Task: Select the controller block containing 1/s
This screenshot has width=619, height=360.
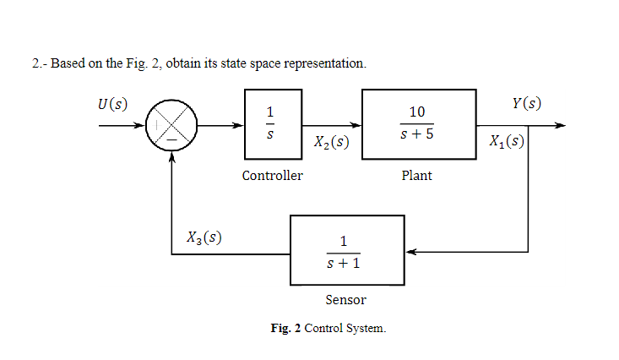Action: [271, 125]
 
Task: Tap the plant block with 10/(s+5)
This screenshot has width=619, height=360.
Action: [417, 125]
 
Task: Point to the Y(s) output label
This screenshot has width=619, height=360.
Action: [526, 104]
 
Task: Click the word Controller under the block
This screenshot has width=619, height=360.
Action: [272, 176]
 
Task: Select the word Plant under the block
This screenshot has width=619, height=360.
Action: [417, 176]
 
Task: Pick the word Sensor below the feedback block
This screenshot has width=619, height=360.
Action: [346, 300]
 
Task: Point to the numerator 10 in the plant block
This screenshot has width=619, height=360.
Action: [417, 112]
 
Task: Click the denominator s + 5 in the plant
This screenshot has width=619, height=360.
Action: [417, 136]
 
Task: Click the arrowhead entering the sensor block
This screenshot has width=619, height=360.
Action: [410, 251]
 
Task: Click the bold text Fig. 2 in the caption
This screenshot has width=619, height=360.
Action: [285, 328]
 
